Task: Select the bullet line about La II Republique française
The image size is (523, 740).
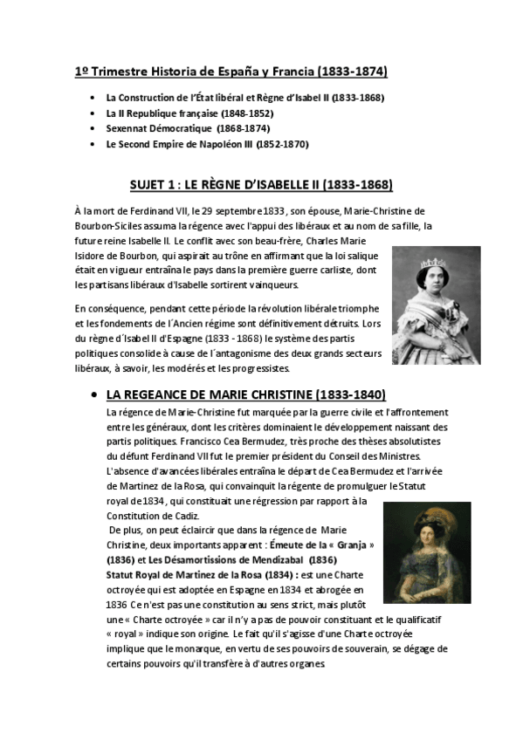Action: pyautogui.click(x=189, y=113)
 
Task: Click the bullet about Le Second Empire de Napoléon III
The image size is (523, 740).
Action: pyautogui.click(x=207, y=144)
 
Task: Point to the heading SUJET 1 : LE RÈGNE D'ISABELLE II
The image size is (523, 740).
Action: pyautogui.click(x=260, y=185)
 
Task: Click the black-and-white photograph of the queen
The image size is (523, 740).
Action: pyautogui.click(x=436, y=305)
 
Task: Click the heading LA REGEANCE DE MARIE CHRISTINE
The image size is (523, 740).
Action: pyautogui.click(x=245, y=394)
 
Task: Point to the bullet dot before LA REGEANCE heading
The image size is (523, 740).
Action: pyautogui.click(x=94, y=395)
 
